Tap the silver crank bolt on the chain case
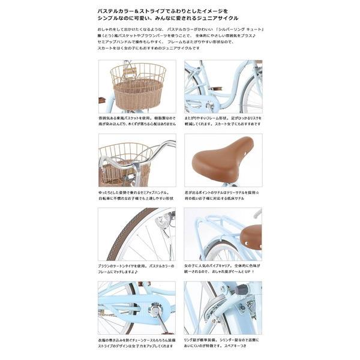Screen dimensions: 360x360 (x=155, y=310)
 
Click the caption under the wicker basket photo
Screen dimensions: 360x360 (x=137, y=124)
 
